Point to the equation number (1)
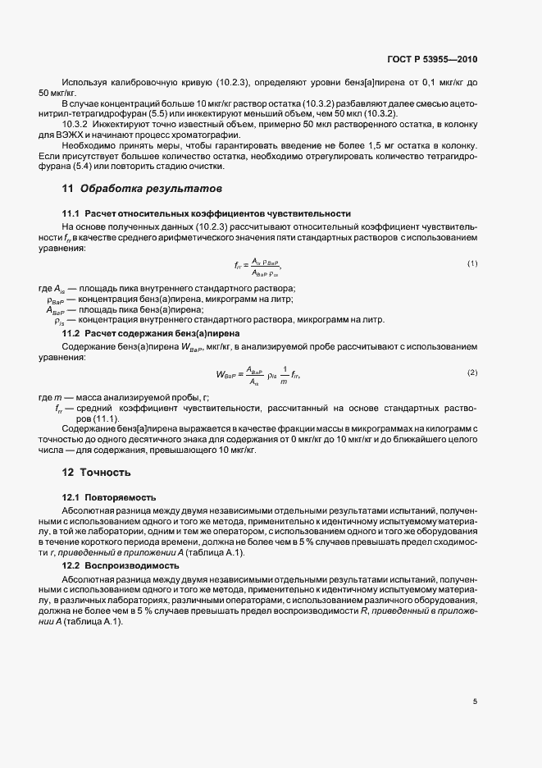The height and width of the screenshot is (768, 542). click(472, 263)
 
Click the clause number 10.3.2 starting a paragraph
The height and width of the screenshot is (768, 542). click(76, 124)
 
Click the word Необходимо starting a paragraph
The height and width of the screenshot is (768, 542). click(87, 146)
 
